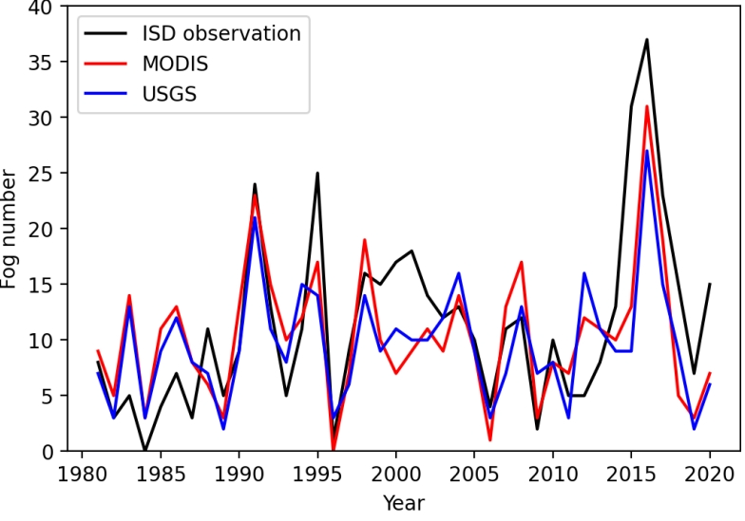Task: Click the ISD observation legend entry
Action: pyautogui.click(x=220, y=33)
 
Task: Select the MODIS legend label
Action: pyautogui.click(x=174, y=65)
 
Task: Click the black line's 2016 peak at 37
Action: pyautogui.click(x=646, y=40)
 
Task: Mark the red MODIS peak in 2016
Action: pyautogui.click(x=646, y=106)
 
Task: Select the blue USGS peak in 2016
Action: pyautogui.click(x=646, y=151)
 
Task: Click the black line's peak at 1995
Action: pyautogui.click(x=316, y=174)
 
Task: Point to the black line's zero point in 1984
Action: pyautogui.click(x=144, y=451)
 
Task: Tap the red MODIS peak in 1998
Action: pyautogui.click(x=364, y=240)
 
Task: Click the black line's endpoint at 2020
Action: pyautogui.click(x=709, y=284)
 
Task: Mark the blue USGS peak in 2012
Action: pyautogui.click(x=583, y=273)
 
